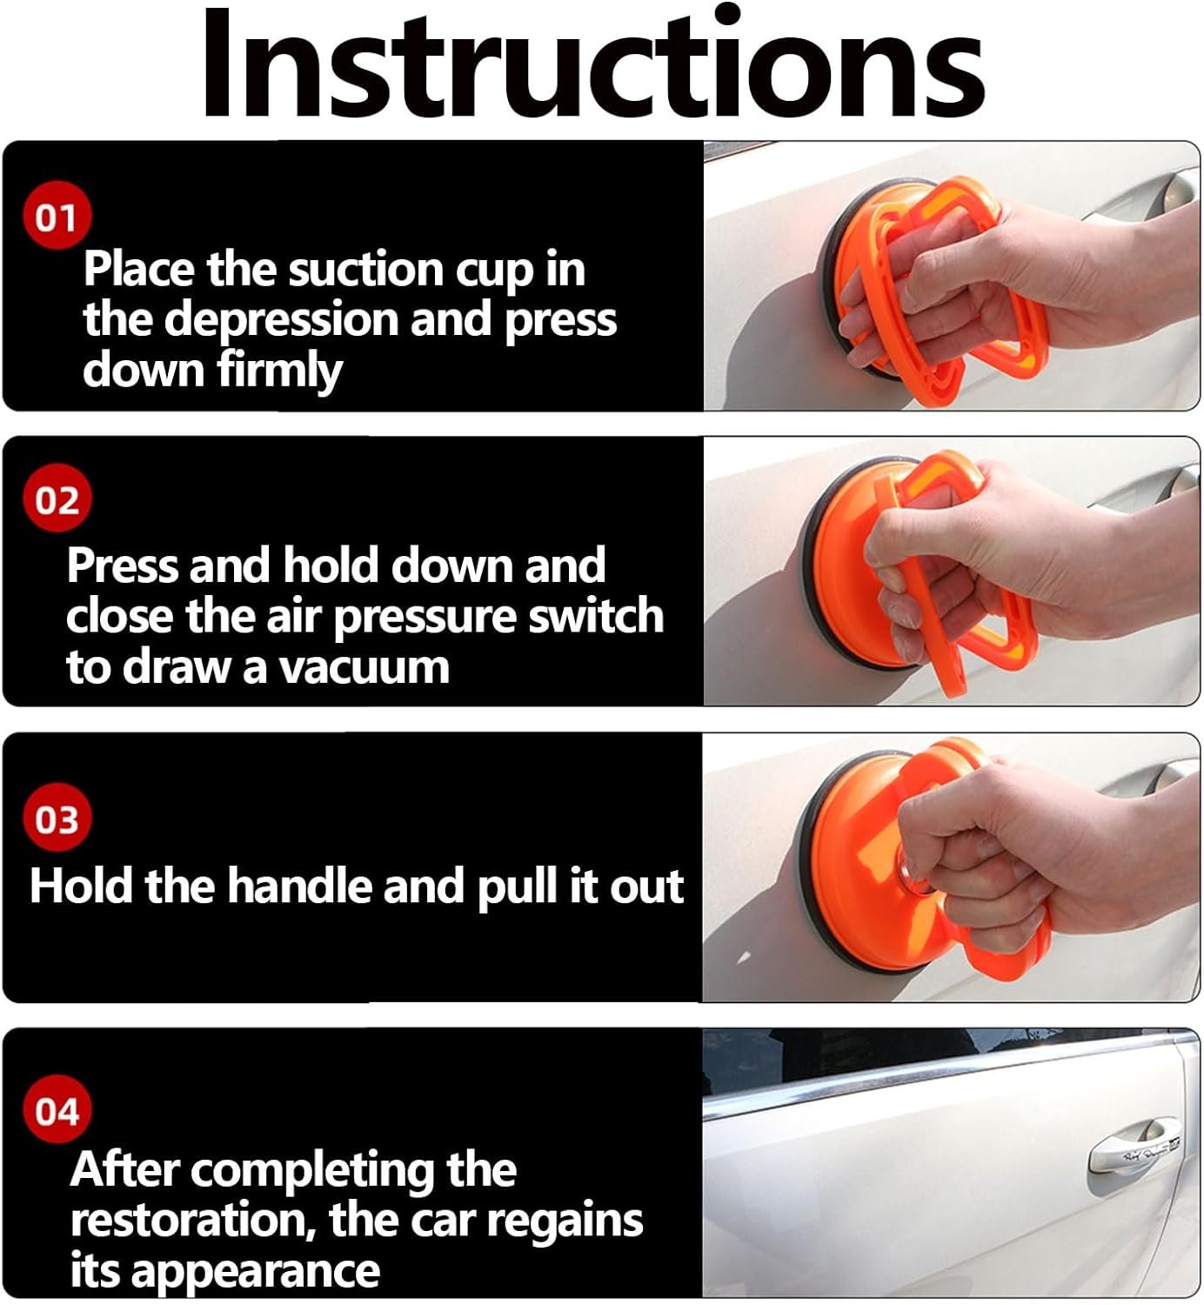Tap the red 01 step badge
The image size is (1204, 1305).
tap(57, 216)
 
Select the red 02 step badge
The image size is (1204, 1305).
tap(57, 499)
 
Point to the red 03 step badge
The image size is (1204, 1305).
tap(57, 818)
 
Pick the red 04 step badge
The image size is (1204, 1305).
tap(57, 1110)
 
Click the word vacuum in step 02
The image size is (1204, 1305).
tap(365, 667)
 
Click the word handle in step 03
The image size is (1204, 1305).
tap(299, 885)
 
